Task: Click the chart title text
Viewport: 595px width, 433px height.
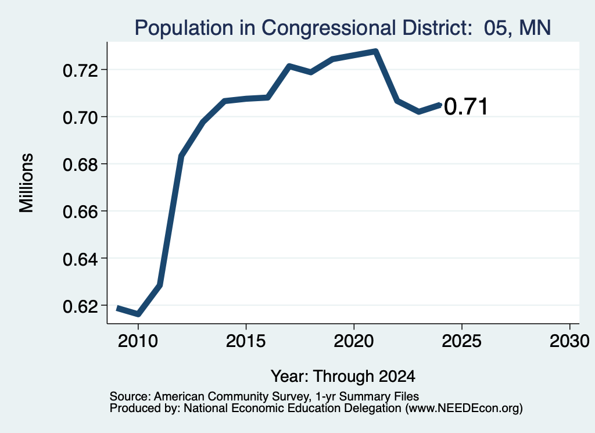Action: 343,28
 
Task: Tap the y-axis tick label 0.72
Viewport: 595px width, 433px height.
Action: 80,70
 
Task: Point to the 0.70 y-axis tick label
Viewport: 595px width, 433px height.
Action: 80,117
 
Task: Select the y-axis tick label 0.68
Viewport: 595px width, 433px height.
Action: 80,164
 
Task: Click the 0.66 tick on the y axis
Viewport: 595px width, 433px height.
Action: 80,212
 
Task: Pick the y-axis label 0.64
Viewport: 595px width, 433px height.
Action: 80,259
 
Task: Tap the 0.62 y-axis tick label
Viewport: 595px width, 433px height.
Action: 80,306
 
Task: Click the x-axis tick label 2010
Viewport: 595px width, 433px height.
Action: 138,341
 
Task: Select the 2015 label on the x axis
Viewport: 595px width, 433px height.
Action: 246,341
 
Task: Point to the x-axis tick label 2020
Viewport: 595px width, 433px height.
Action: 354,341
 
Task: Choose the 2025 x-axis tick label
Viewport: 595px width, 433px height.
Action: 462,341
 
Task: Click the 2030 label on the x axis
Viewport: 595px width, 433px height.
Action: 569,341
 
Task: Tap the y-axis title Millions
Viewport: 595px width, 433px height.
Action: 27,183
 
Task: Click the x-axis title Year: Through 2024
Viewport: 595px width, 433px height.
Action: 343,376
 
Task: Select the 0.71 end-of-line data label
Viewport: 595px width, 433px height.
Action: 465,106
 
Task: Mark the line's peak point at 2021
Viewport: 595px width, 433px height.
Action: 375,51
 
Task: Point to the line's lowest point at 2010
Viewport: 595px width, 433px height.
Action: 138,314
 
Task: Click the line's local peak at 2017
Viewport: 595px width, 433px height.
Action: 289,66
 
